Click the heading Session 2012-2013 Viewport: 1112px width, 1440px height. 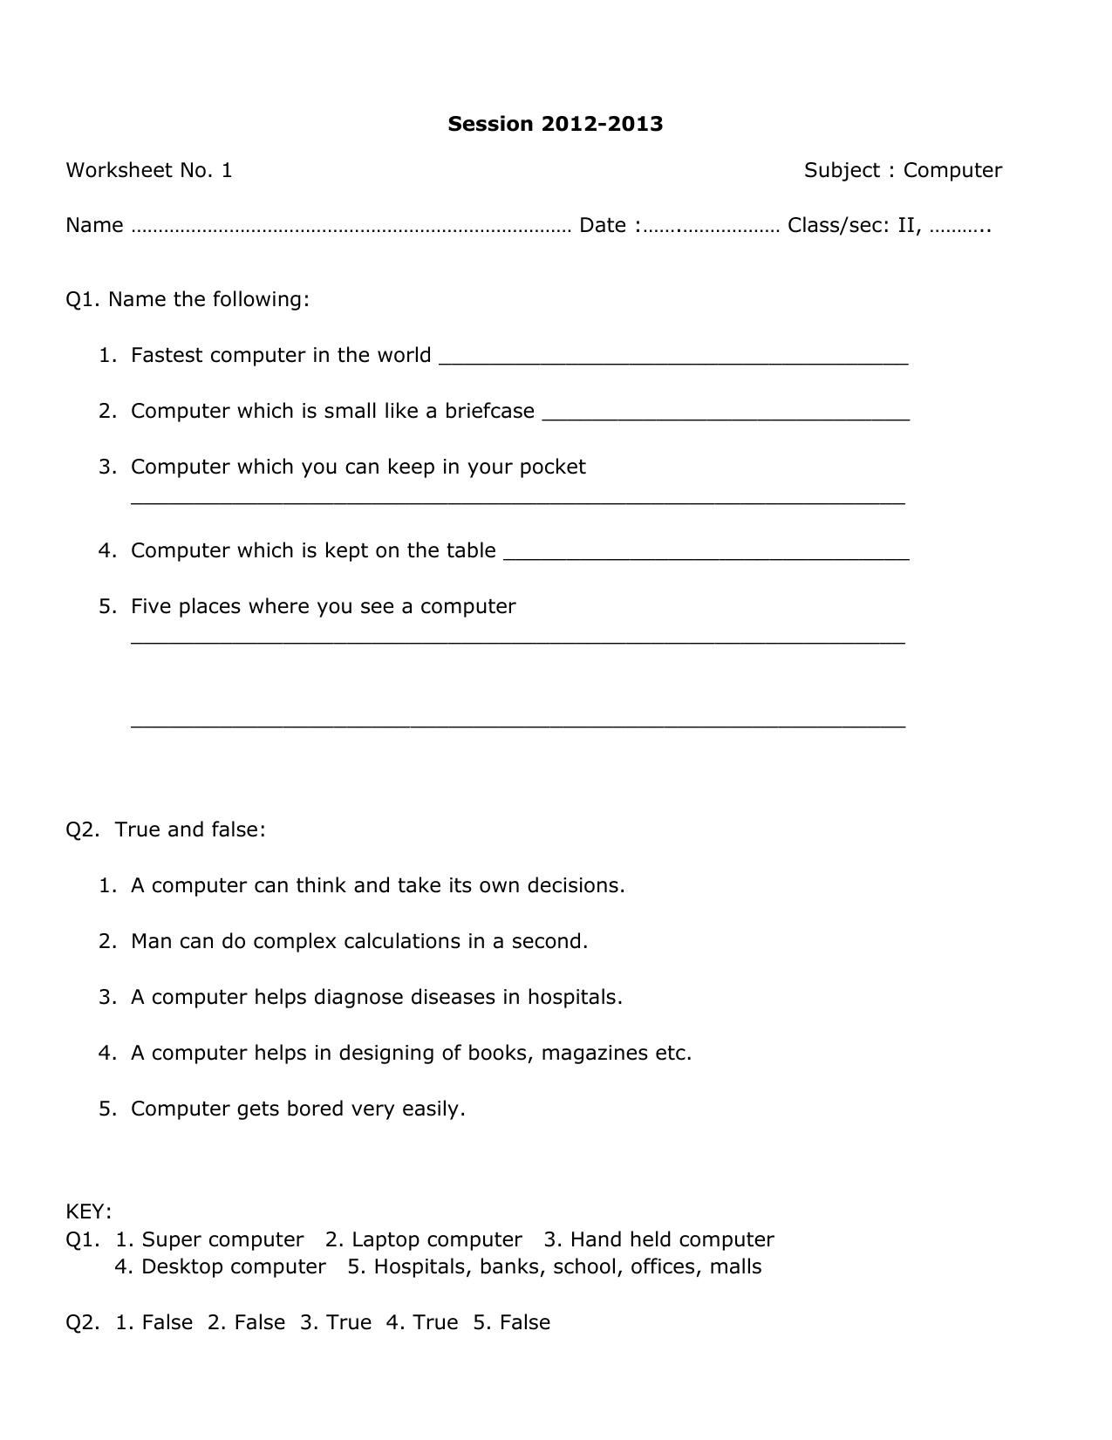coord(555,124)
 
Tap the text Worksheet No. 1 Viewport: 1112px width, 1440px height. coord(149,170)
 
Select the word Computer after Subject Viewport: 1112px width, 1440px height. coord(952,170)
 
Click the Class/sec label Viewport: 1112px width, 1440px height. coord(838,226)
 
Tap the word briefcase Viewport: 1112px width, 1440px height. coord(489,411)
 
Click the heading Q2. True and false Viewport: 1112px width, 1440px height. coord(166,829)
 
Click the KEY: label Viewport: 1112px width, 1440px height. coord(88,1211)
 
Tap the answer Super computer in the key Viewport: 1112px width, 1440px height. coord(222,1239)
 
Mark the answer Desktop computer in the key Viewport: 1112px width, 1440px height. coord(233,1266)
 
